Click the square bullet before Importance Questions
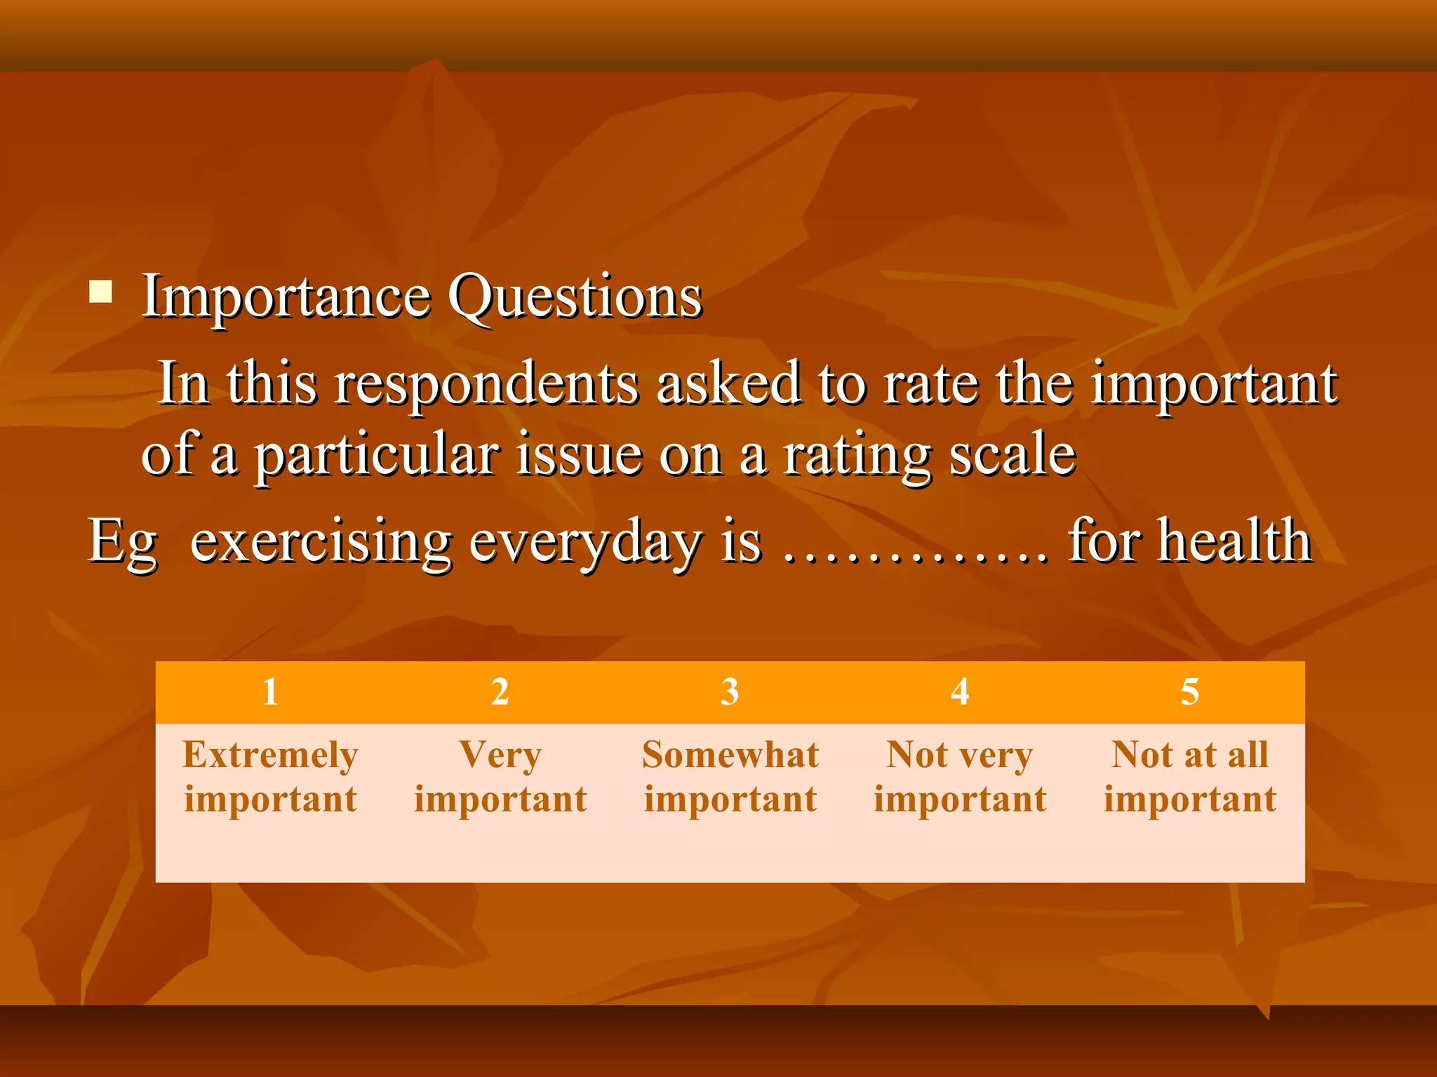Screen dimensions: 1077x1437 coord(101,291)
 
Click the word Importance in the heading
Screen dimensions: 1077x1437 coord(286,297)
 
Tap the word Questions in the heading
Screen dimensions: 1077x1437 coord(575,298)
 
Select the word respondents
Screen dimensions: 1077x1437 coord(486,384)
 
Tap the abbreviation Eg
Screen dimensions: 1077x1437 coord(123,542)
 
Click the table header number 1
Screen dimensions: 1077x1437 coord(270,692)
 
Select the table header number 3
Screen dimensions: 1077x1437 coord(730,692)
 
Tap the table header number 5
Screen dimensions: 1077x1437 coord(1189,692)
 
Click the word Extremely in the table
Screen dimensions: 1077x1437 coord(270,755)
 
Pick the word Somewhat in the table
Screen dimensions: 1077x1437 coord(730,755)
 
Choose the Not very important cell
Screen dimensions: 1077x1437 coord(960,777)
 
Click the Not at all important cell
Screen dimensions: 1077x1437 coord(1189,777)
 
